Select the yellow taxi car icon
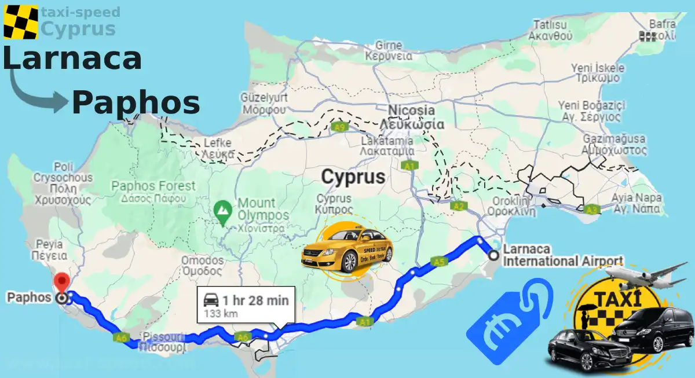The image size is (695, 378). click(347, 251)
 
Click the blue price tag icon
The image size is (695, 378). click(510, 321)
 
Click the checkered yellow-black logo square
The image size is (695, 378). click(20, 21)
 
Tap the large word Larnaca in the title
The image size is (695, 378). click(72, 59)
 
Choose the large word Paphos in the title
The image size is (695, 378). click(136, 103)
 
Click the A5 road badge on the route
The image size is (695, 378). click(439, 262)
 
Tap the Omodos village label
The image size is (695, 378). click(202, 265)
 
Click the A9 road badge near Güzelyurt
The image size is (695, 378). click(340, 127)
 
